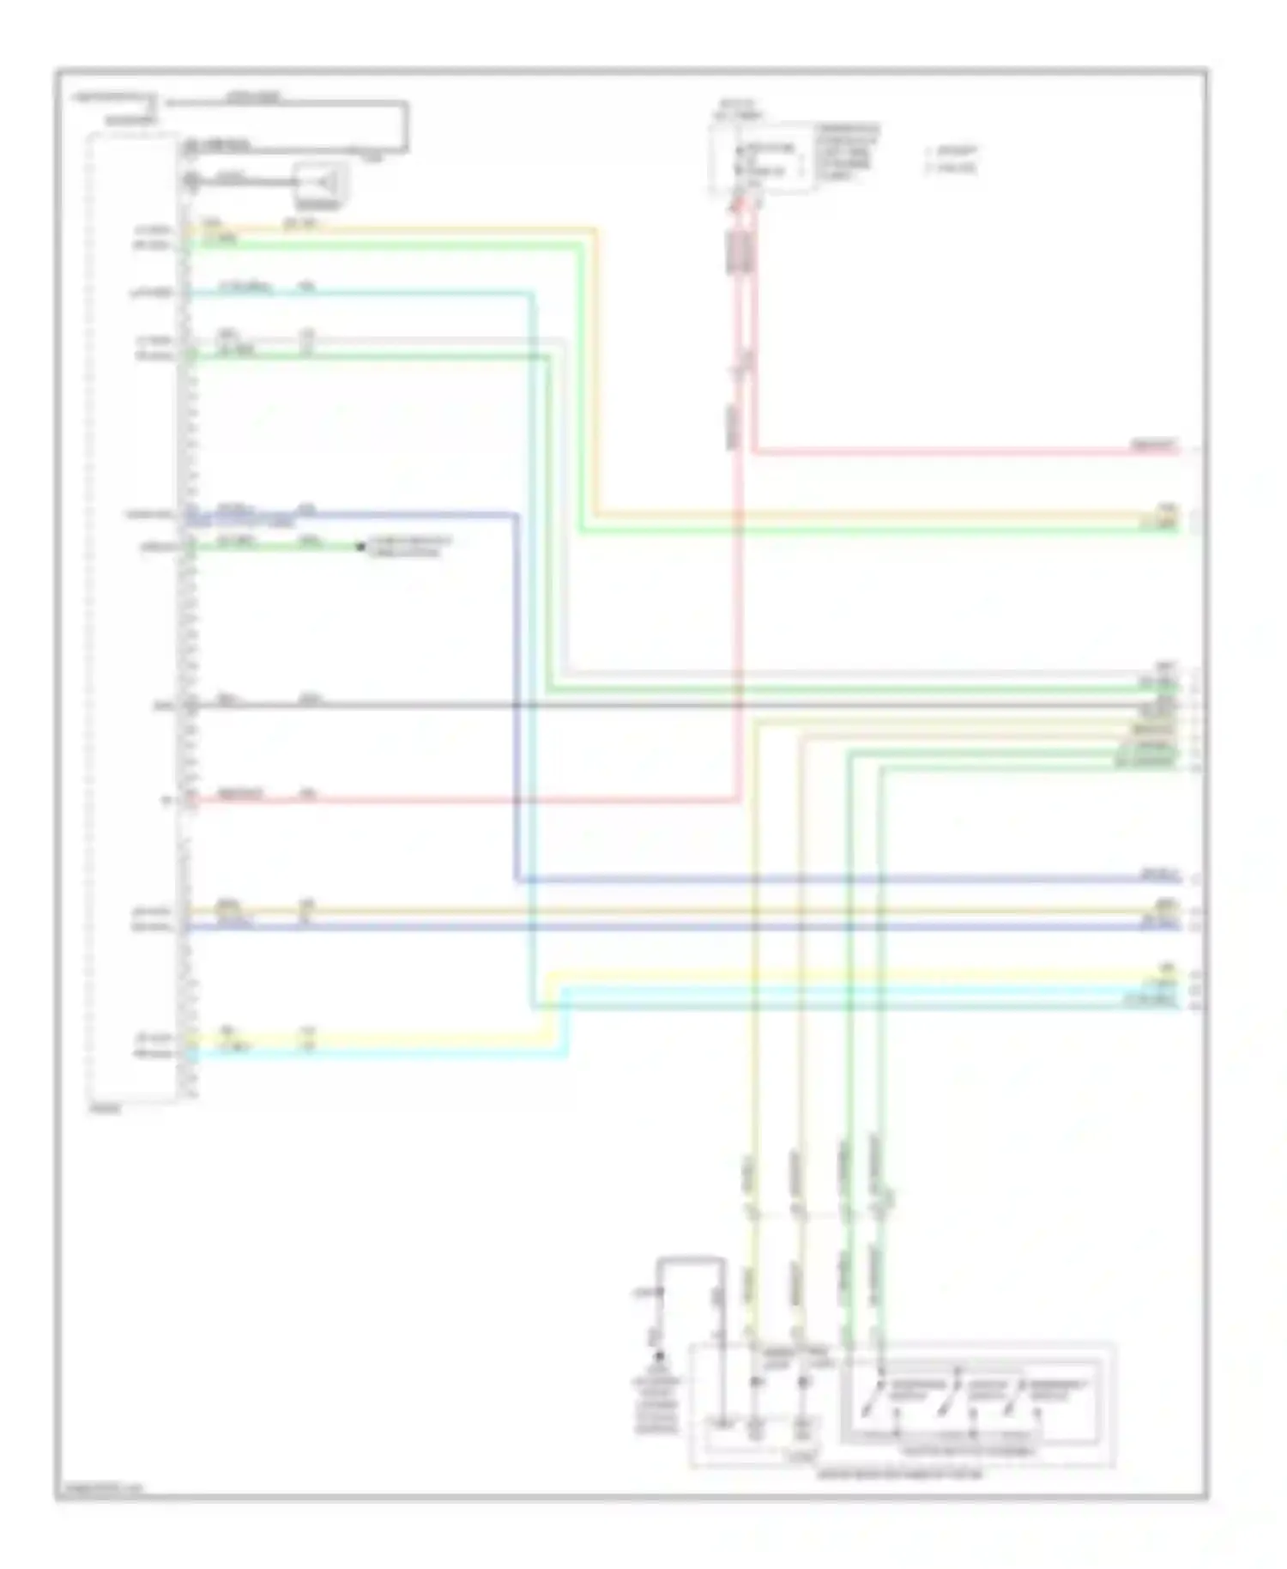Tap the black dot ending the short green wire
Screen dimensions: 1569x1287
tap(360, 546)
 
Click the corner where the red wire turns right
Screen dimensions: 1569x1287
tap(753, 450)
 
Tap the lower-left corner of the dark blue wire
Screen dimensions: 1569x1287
tap(517, 880)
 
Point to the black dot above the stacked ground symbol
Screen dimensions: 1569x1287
tap(659, 1357)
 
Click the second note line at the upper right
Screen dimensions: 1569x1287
tap(952, 168)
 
